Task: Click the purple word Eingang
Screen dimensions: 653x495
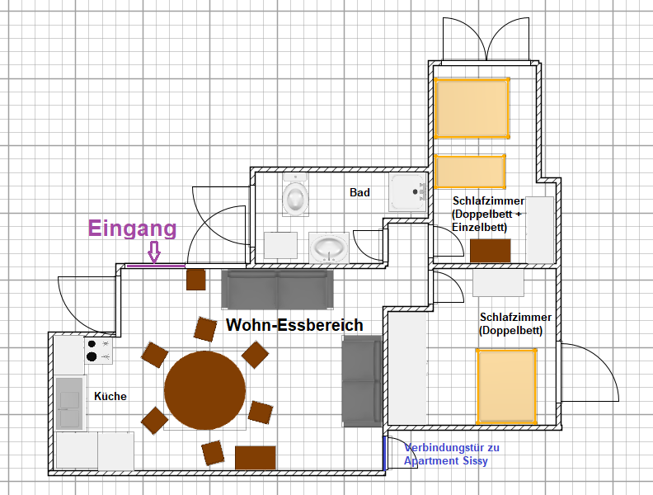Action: [133, 229]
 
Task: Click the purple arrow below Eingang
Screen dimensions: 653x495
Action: [154, 252]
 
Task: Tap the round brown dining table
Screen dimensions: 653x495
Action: [205, 390]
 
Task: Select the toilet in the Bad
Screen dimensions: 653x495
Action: [296, 195]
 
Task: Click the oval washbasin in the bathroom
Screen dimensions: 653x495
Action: [329, 248]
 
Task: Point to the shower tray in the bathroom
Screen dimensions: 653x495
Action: [407, 192]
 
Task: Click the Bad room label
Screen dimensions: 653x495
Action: [359, 192]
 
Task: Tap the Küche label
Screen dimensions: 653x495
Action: [110, 396]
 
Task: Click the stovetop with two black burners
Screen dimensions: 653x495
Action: [99, 351]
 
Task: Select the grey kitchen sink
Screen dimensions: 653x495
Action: [69, 403]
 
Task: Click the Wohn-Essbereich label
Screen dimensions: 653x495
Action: [294, 325]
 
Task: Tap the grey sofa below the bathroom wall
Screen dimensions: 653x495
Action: [277, 290]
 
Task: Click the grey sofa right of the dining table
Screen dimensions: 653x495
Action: [362, 381]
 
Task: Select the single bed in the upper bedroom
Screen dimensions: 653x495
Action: [470, 172]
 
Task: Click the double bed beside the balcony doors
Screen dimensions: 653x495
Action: [472, 108]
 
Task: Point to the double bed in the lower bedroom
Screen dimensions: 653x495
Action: [506, 387]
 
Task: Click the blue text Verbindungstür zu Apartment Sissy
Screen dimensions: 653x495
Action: [452, 455]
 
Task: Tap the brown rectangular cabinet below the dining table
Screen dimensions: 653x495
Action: [256, 458]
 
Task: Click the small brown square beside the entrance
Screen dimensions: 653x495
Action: [195, 280]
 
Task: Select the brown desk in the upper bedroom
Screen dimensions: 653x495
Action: [491, 251]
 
